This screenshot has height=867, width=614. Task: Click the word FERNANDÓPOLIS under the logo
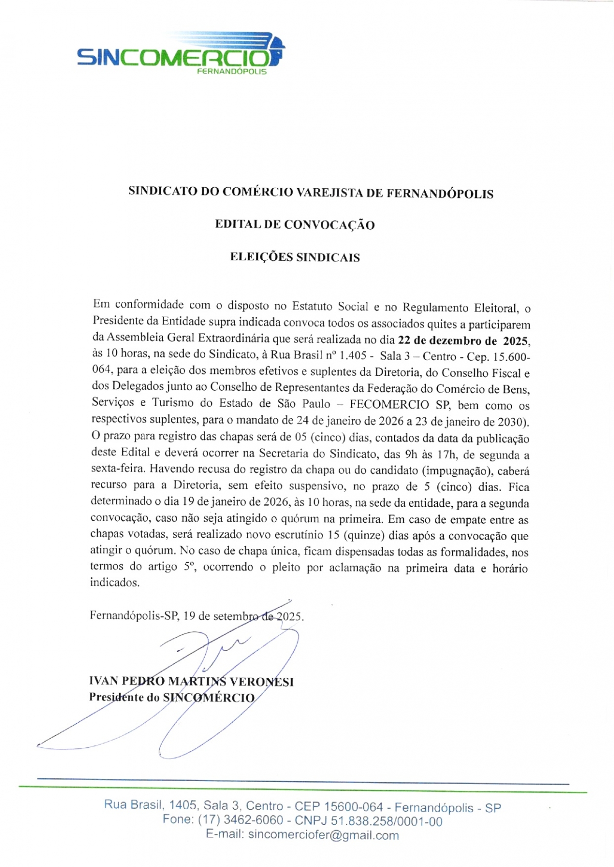tap(232, 72)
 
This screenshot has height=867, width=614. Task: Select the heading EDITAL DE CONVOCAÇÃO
tap(295, 225)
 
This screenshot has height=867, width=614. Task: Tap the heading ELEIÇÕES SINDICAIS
tap(295, 257)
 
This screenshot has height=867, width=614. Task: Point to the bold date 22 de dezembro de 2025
tap(463, 341)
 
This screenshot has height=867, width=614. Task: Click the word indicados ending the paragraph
tap(114, 583)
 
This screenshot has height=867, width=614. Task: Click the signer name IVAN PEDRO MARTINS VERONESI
tap(191, 681)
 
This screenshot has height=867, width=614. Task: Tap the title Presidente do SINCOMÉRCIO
tap(172, 698)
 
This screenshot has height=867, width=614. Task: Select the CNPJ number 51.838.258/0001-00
tap(386, 821)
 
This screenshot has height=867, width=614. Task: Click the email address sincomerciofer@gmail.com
tap(323, 835)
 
